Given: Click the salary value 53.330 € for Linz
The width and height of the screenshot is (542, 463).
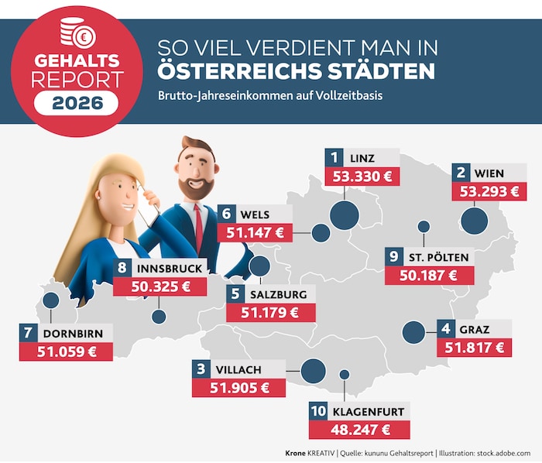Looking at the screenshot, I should pos(362,176).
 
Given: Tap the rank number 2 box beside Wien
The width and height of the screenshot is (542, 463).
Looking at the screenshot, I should pos(461,173).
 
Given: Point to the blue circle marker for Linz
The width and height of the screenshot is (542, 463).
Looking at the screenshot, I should pos(342,216).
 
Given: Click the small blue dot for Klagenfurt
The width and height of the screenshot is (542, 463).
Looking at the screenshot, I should pos(345,375).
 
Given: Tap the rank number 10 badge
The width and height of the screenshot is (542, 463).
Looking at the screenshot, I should pos(318,411).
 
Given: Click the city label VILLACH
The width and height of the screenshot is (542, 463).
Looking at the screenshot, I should pos(240,369).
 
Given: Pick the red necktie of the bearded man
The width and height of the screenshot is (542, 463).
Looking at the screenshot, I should pos(200,224).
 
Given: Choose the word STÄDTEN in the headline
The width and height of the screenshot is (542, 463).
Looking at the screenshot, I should pos(374,72).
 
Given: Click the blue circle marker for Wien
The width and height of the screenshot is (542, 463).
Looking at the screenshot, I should pos(474,221).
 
